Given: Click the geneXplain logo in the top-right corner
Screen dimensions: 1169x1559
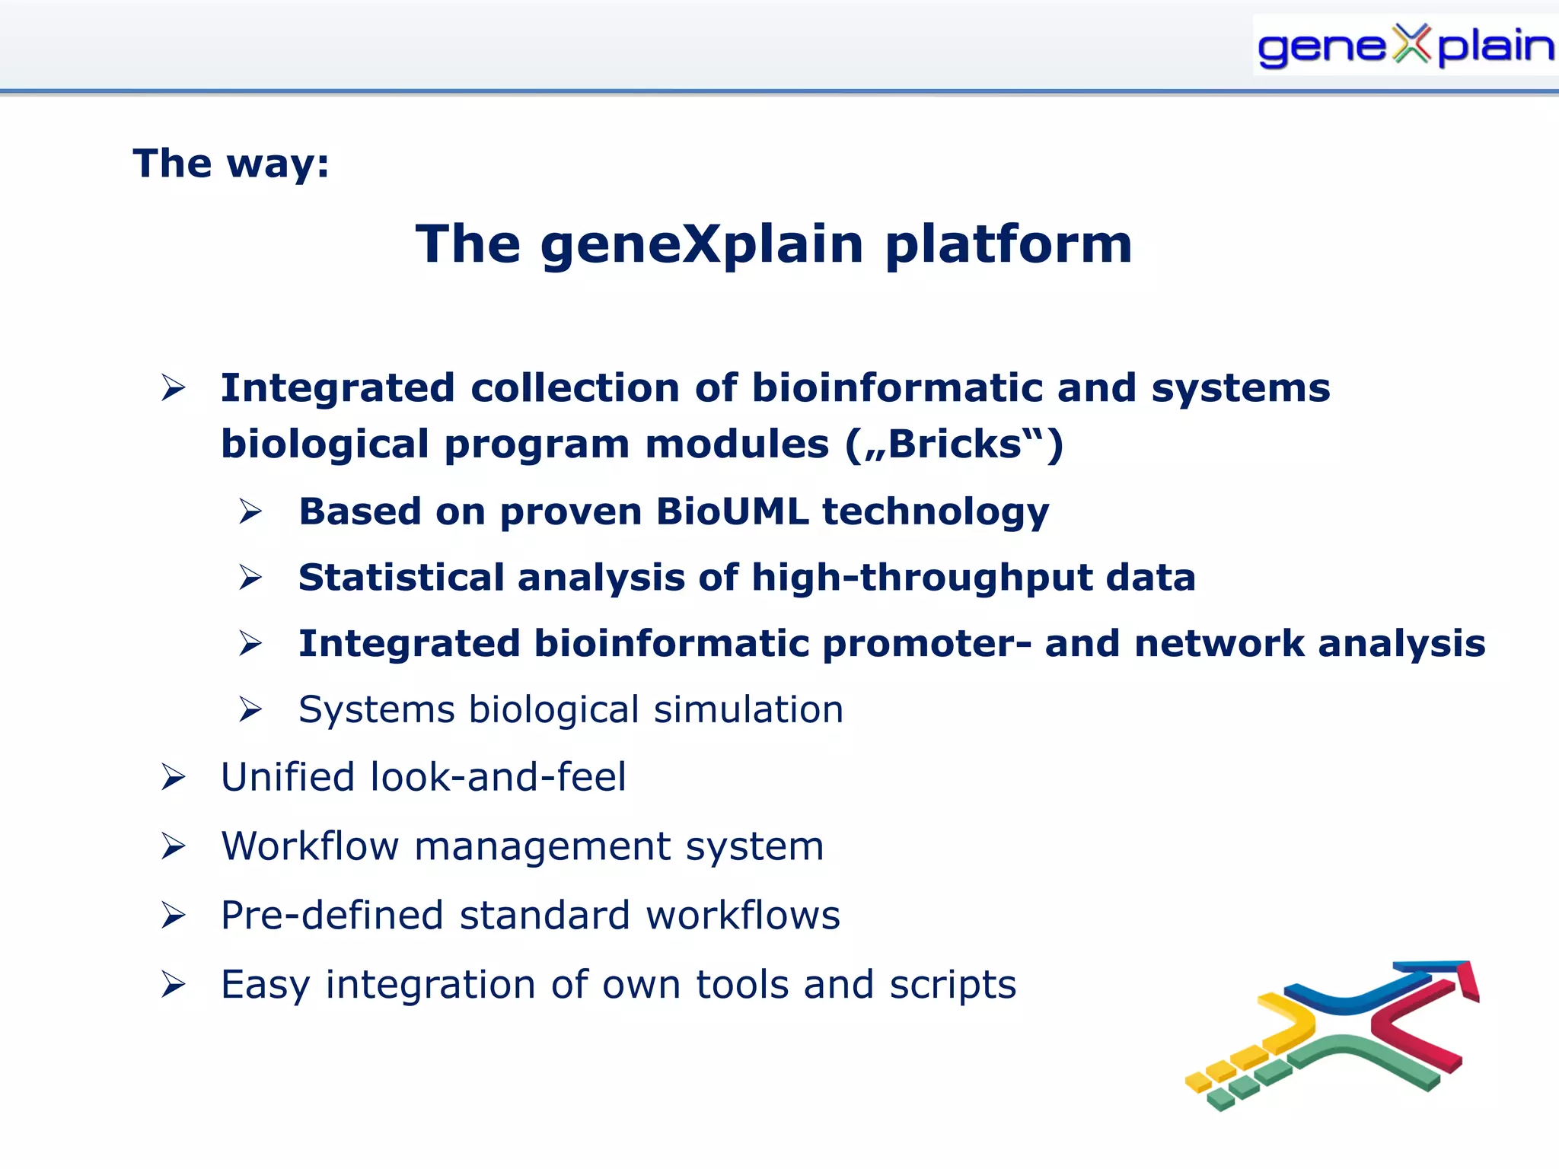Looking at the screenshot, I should [x=1404, y=46].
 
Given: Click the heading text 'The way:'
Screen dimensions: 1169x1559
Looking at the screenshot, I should [x=231, y=164].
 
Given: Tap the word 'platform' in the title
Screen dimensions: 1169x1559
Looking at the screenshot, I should [x=1009, y=244].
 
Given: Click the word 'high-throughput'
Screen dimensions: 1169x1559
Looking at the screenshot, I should [x=922, y=578].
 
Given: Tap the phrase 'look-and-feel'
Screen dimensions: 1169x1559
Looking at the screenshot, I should [x=499, y=777].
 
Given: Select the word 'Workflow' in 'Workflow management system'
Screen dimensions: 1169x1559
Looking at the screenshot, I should [x=310, y=846].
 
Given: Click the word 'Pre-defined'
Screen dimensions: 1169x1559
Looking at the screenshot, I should [x=332, y=916].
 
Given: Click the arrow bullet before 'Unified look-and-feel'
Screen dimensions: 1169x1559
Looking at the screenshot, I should [x=174, y=778].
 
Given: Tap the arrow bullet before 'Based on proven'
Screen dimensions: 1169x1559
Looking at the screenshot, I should [x=250, y=511].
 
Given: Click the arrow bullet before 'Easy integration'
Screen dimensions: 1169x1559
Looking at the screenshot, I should [x=174, y=986].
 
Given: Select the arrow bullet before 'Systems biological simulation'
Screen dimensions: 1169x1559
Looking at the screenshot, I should [x=250, y=710].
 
